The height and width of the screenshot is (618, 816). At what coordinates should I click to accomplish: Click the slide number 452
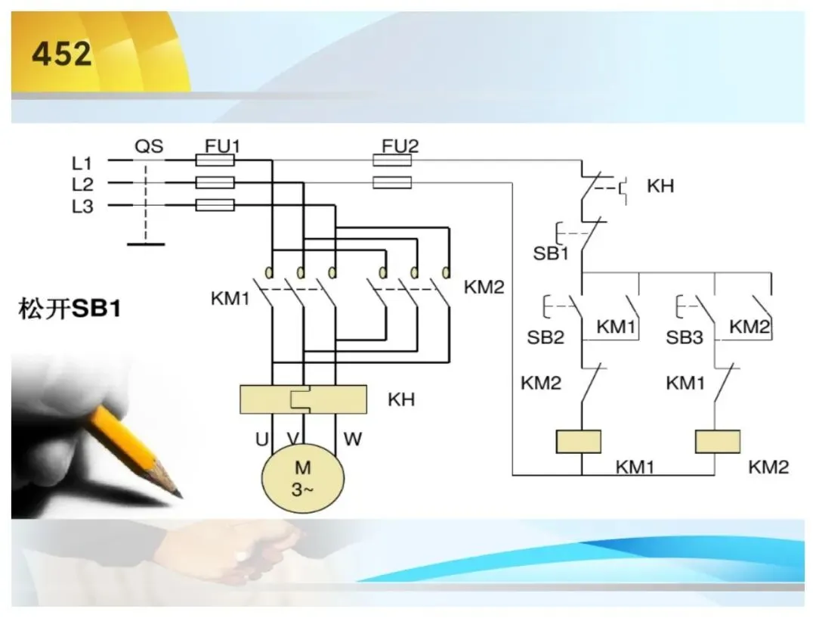pos(61,54)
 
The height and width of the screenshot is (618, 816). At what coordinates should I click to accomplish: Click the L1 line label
pos(82,163)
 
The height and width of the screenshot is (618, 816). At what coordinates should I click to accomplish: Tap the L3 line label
pos(82,207)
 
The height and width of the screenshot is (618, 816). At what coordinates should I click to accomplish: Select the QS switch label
pos(149,147)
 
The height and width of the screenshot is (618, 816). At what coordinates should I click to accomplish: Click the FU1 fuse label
pos(222,146)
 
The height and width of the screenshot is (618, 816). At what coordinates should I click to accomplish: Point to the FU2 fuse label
pos(400,146)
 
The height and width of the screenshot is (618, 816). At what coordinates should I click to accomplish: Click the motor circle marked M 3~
pos(303,479)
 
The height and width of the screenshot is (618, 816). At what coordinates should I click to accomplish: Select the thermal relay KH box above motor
pos(303,399)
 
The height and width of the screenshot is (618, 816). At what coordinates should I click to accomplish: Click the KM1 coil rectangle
pos(579,441)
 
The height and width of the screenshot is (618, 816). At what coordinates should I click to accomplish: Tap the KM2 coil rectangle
pos(719,441)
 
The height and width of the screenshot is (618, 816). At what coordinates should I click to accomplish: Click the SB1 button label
pos(551,253)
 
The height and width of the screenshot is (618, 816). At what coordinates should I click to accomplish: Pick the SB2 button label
pos(546,337)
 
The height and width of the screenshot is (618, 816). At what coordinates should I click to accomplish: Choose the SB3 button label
pos(685,337)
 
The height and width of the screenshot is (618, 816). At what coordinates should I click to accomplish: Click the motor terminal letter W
pos(352,439)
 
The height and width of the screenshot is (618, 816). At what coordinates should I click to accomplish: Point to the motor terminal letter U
pos(261,439)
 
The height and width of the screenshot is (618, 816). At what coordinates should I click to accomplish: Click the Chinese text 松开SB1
pos(70,309)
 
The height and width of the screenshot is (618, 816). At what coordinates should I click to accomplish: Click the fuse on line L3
pos(215,205)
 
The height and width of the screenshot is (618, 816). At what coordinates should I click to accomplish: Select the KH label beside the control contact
pos(660,186)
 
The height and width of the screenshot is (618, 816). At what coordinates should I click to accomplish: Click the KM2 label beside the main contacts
pos(484,287)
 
